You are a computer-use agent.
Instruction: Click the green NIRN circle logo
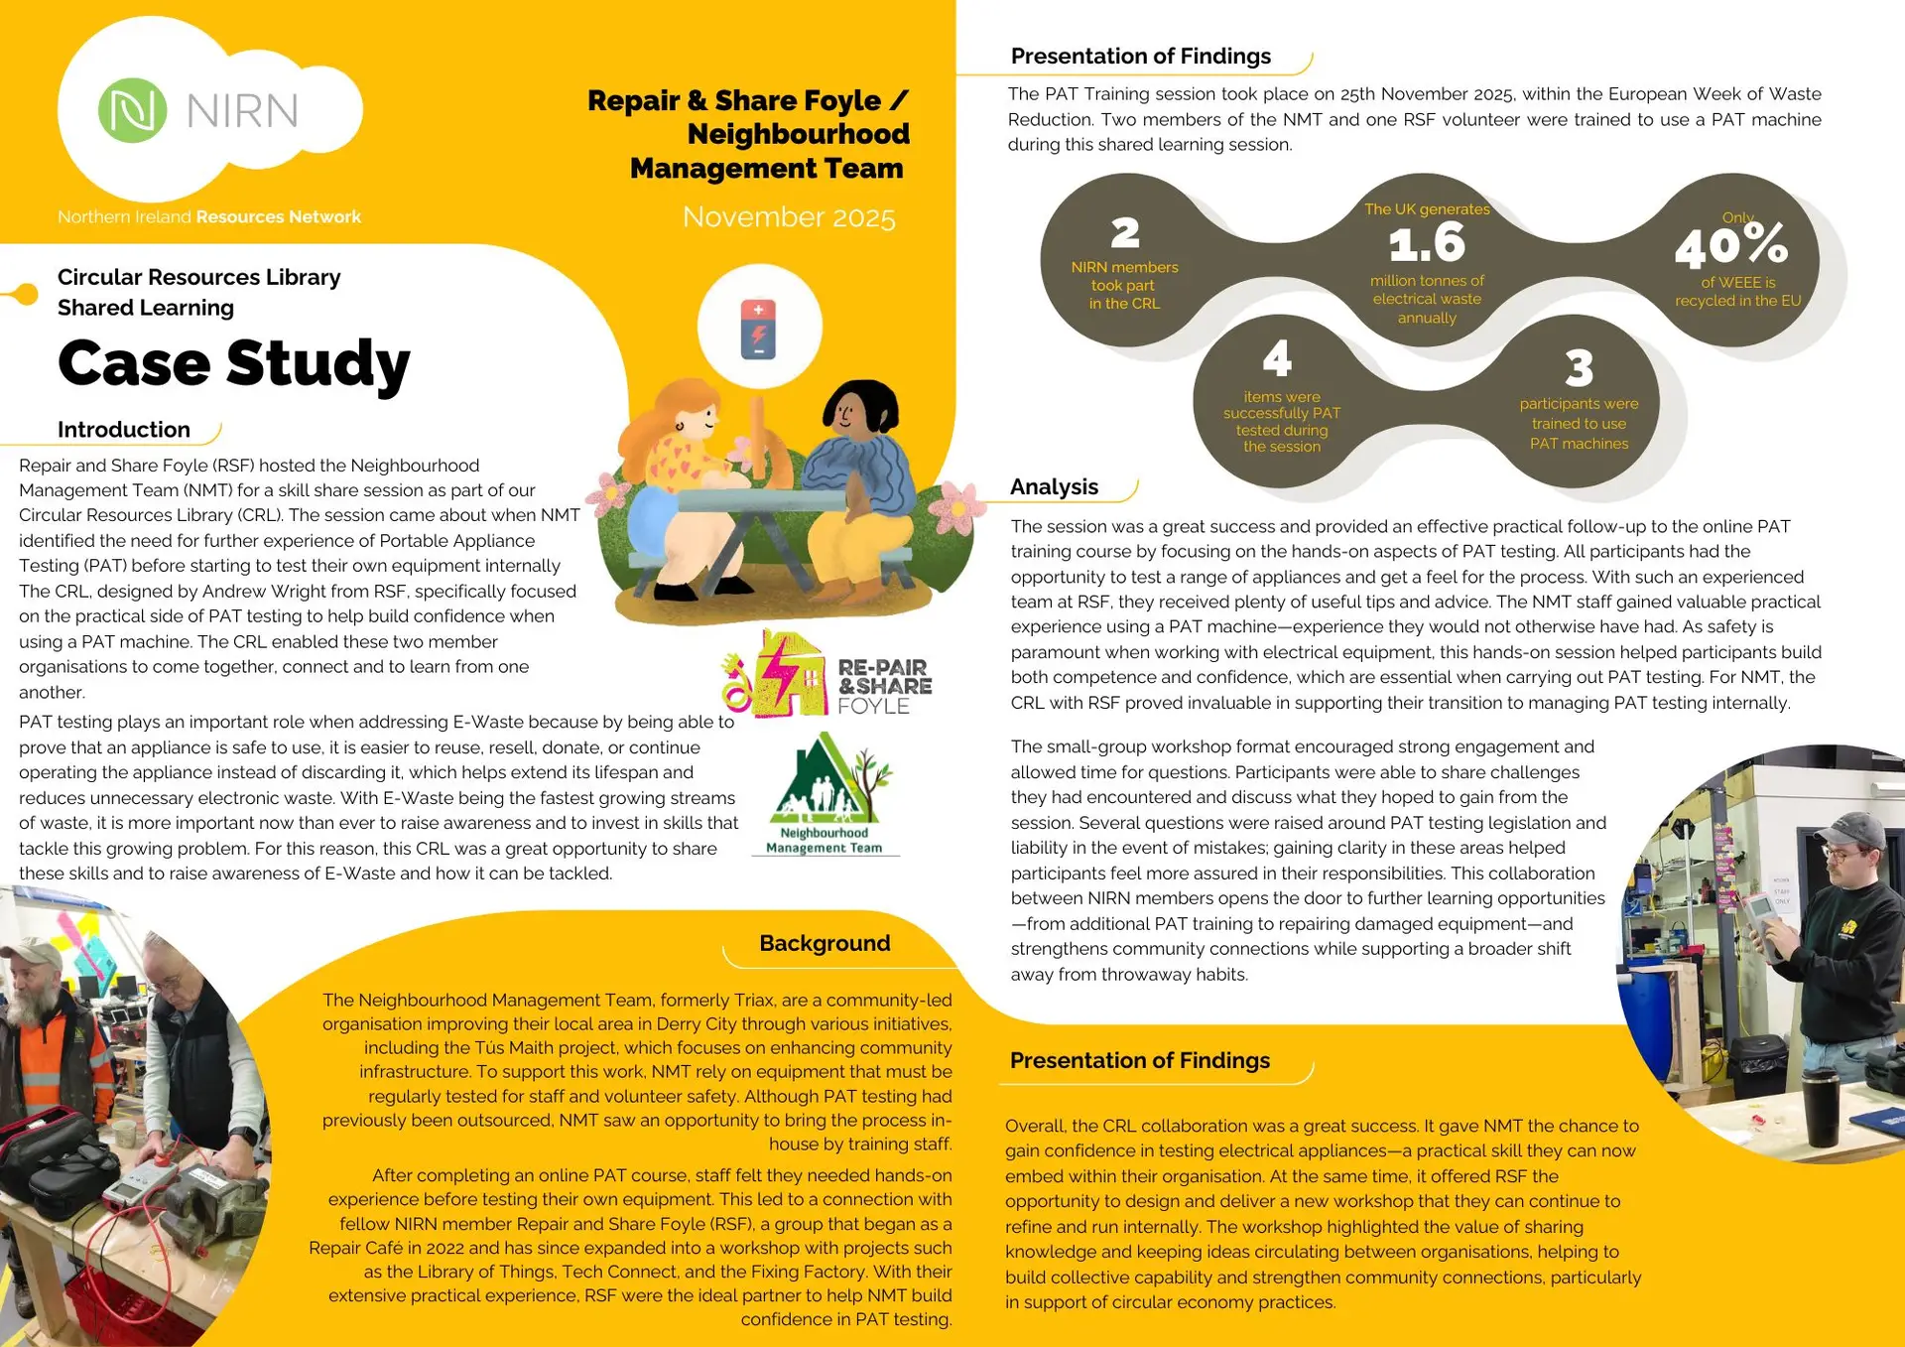click(132, 110)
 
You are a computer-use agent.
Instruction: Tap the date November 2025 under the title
click(789, 217)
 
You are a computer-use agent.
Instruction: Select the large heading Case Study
click(234, 363)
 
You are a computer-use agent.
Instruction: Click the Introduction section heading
click(124, 430)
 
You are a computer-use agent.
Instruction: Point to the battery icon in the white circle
click(758, 329)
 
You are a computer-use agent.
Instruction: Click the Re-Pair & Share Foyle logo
click(828, 675)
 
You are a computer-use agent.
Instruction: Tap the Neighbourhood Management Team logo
click(825, 794)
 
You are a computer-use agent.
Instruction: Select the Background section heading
click(825, 943)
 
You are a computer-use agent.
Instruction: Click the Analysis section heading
click(1054, 486)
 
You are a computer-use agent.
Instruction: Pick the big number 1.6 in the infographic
click(1426, 243)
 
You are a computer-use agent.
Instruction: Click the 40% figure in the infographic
click(1731, 246)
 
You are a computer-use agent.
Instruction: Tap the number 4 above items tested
click(1277, 358)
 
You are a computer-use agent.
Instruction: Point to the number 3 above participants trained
click(1579, 368)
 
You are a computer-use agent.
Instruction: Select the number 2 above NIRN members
click(1124, 233)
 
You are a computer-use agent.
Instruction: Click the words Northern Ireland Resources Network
click(209, 217)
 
